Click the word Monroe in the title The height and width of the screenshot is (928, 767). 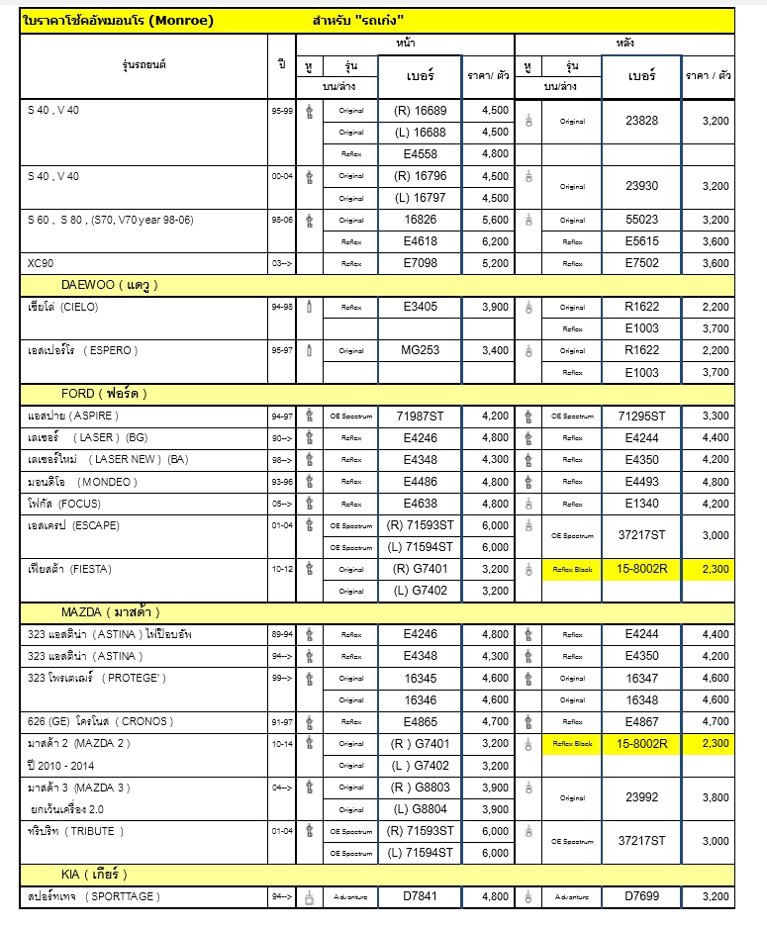point(185,20)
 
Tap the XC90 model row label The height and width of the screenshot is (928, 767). point(41,263)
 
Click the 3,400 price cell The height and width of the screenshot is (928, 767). point(494,350)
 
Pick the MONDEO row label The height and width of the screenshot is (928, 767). point(83,482)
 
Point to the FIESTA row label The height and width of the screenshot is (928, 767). point(69,569)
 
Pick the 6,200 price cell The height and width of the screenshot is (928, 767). point(494,241)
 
